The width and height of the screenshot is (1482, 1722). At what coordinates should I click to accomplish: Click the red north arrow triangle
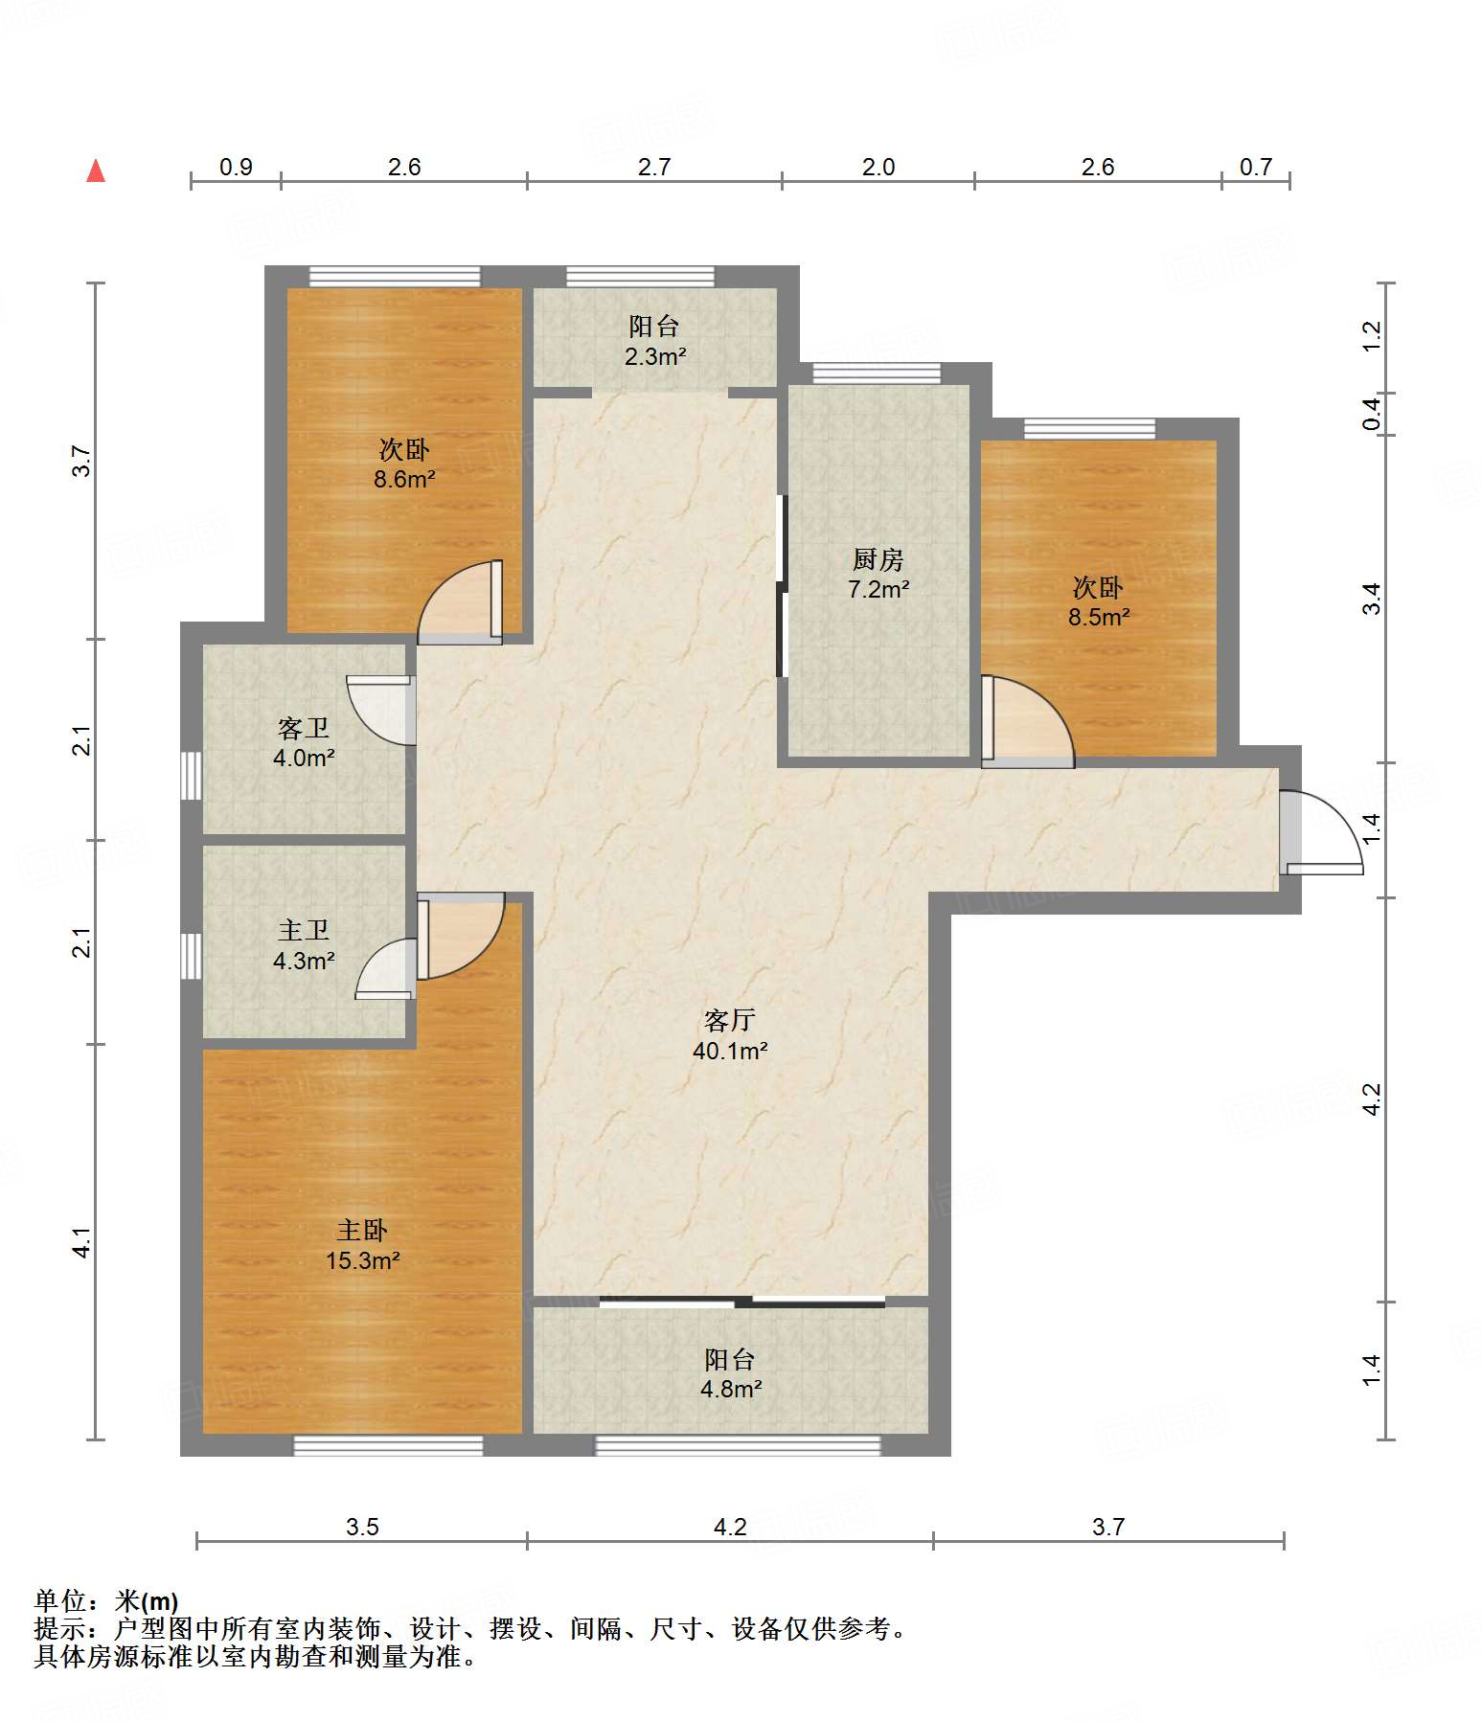point(96,170)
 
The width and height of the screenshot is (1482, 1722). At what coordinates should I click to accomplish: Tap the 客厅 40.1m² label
point(730,1035)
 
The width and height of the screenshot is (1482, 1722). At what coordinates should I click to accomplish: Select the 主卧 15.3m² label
point(362,1245)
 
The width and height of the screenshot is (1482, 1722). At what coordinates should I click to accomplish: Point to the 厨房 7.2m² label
point(878,574)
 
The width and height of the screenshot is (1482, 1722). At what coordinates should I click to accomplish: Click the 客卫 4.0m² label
point(304,743)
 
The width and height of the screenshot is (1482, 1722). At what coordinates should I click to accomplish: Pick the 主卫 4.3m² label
point(304,945)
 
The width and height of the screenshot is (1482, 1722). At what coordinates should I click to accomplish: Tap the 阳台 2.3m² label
point(655,341)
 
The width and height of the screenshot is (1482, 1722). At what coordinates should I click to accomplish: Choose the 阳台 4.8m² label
point(730,1373)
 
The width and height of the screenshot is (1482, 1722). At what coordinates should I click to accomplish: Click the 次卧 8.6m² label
point(404,464)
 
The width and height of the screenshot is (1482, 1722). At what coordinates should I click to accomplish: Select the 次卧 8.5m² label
point(1099,601)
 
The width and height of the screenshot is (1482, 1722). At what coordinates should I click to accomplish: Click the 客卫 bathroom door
point(381,710)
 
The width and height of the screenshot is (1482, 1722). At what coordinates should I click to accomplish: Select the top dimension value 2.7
point(654,167)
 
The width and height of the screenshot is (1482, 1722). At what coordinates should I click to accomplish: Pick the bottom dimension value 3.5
point(362,1527)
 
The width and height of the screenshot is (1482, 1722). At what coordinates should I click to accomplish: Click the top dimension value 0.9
point(236,167)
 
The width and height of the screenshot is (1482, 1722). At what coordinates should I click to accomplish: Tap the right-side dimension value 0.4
point(1372,414)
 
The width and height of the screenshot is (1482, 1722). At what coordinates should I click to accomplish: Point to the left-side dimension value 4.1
point(83,1243)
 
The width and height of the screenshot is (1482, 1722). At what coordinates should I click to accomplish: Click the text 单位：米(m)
point(105,1600)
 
